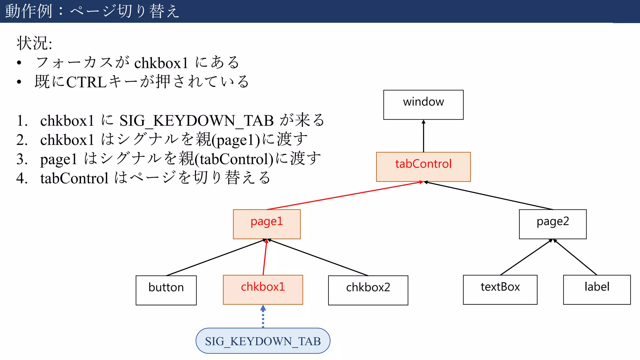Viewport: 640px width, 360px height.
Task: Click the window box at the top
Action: tap(423, 105)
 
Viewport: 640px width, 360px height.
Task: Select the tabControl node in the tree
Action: tap(423, 167)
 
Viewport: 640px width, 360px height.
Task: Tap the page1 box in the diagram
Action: tap(267, 224)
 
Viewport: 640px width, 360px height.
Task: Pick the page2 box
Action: tap(552, 224)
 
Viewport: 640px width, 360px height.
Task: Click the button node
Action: tap(166, 290)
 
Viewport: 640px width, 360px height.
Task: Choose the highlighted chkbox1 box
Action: tap(263, 290)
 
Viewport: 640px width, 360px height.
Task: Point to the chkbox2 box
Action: tap(368, 290)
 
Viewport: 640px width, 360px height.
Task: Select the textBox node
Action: tap(500, 290)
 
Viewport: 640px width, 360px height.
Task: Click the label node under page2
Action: tap(597, 290)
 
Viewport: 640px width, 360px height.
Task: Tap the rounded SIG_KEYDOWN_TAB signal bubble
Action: tap(263, 341)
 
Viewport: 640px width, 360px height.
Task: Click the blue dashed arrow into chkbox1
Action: tap(263, 317)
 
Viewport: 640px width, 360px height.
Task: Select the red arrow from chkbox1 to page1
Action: tap(265, 257)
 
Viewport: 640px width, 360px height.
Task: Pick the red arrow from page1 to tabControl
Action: tap(344, 196)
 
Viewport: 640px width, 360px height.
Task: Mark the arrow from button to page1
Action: tap(216, 257)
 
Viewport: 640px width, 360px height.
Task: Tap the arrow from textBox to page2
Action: tap(526, 257)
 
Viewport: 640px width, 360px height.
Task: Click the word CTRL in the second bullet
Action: tap(87, 82)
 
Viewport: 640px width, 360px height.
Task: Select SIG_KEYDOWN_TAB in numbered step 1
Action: tap(197, 121)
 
